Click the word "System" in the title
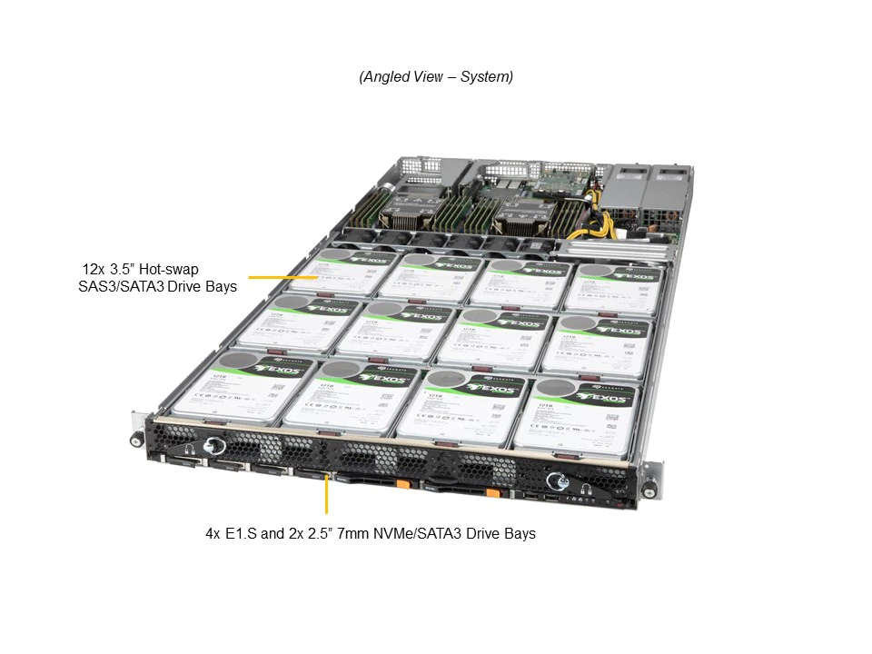[486, 77]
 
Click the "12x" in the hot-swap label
[94, 270]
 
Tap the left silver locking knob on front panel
[214, 446]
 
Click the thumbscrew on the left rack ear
[136, 441]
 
